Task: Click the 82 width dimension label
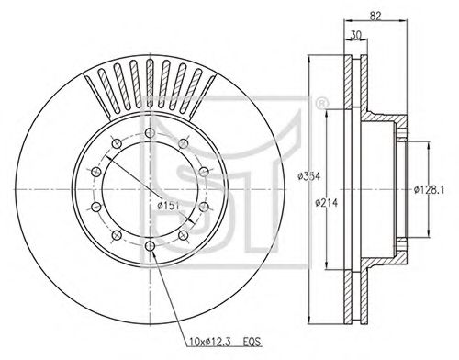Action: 375,16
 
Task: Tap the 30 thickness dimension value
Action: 355,35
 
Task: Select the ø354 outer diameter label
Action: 309,176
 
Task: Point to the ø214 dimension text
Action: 327,202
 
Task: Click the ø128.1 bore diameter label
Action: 429,190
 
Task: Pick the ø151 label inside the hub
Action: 168,206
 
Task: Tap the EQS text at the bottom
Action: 252,341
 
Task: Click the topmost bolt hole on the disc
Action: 150,133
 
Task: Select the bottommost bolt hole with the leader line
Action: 150,245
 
